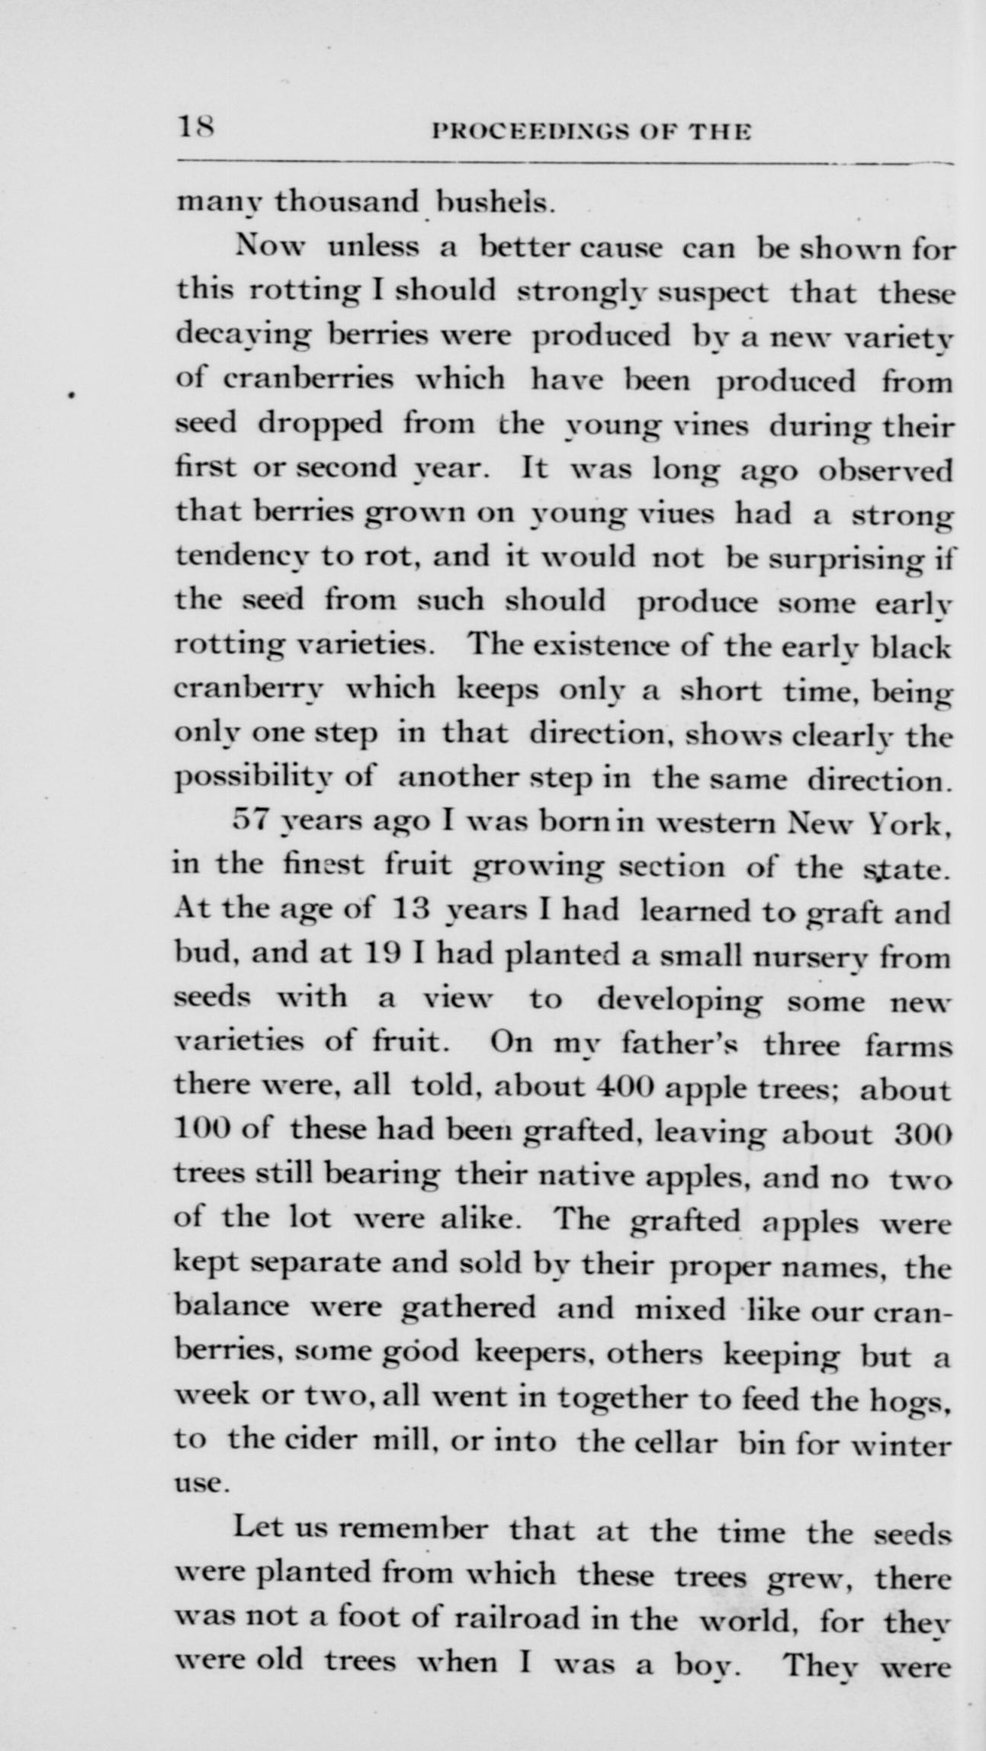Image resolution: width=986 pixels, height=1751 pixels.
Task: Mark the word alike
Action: point(481,1218)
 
